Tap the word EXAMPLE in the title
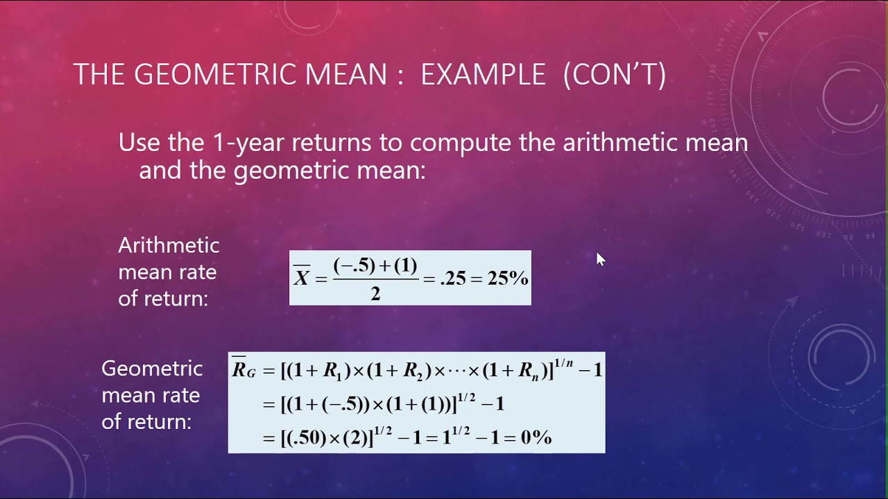[483, 75]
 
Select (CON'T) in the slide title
[614, 75]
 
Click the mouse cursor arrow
[600, 259]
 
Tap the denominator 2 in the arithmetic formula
[375, 293]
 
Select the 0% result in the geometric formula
[535, 437]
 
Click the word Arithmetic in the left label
[169, 245]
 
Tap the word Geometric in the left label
[152, 368]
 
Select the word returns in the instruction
[334, 143]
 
